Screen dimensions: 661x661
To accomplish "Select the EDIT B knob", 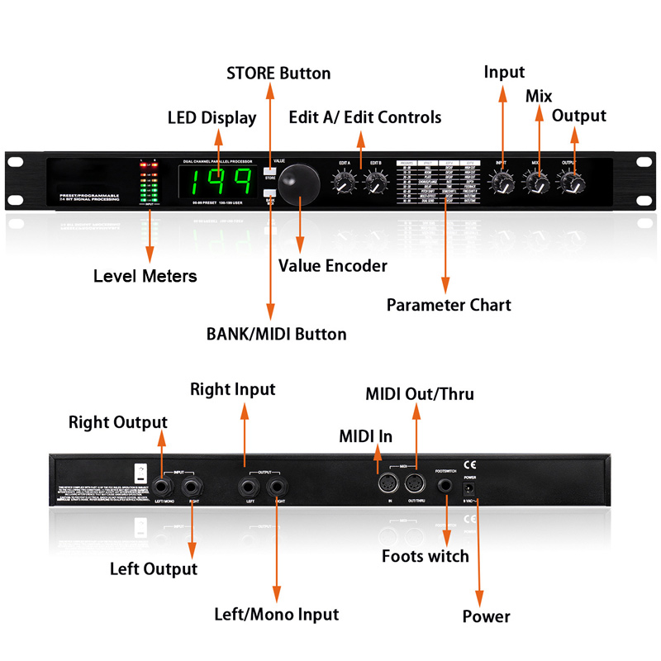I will (375, 183).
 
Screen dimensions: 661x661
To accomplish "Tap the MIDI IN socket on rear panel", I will (384, 485).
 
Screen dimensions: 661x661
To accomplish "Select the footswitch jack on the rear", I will (447, 486).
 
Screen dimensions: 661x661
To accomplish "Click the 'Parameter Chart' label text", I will (449, 305).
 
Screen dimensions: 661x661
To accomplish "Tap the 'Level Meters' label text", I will (145, 276).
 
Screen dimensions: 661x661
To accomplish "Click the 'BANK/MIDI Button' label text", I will (276, 335).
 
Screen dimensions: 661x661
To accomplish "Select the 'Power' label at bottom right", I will (486, 616).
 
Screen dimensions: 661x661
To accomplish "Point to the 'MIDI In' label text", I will (365, 435).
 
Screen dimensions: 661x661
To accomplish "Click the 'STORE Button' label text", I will (278, 74).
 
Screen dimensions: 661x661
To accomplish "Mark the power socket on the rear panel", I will (471, 489).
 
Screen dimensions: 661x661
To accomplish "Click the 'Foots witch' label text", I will (425, 556).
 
